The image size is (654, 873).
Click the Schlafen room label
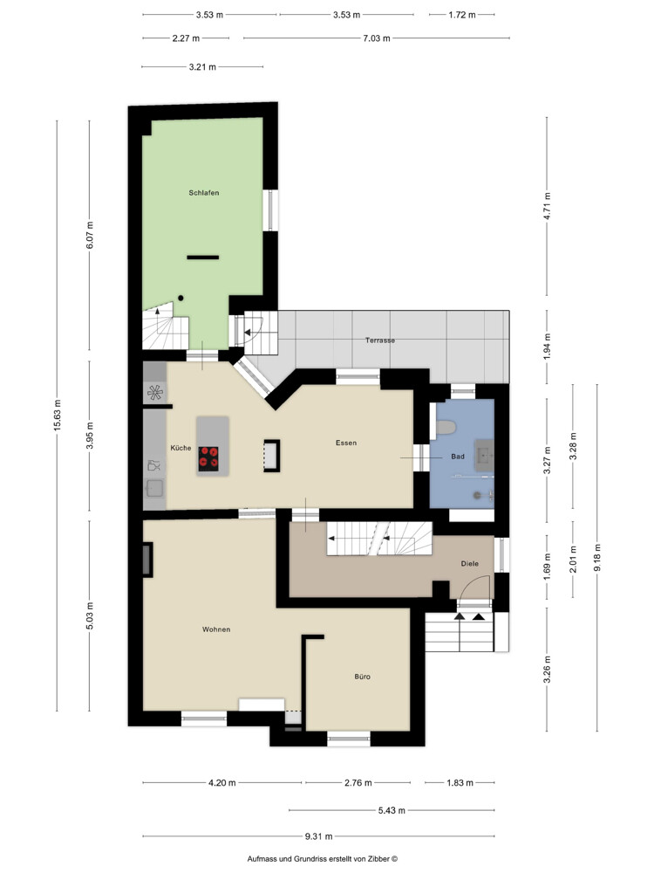[x=203, y=193]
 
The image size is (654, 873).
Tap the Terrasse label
[x=380, y=340]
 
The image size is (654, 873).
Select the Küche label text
[x=181, y=448]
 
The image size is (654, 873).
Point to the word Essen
[x=346, y=443]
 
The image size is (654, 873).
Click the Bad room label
[x=458, y=457]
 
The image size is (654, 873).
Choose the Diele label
[x=470, y=563]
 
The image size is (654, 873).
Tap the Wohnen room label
[x=216, y=629]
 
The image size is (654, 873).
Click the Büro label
[x=362, y=677]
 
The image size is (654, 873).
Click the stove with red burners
[x=208, y=459]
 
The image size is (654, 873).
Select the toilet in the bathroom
[x=446, y=428]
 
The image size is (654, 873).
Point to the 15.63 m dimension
[x=58, y=416]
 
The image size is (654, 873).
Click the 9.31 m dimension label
[x=318, y=835]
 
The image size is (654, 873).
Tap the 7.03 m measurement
[x=377, y=38]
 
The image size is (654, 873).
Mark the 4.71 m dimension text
[x=547, y=206]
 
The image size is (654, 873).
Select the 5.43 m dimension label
[x=392, y=810]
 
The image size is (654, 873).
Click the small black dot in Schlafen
[x=181, y=299]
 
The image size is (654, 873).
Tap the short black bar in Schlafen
[x=203, y=258]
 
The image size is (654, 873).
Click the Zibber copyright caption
[x=323, y=859]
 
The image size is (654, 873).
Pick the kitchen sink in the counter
[x=154, y=489]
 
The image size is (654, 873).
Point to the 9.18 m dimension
[x=597, y=558]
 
